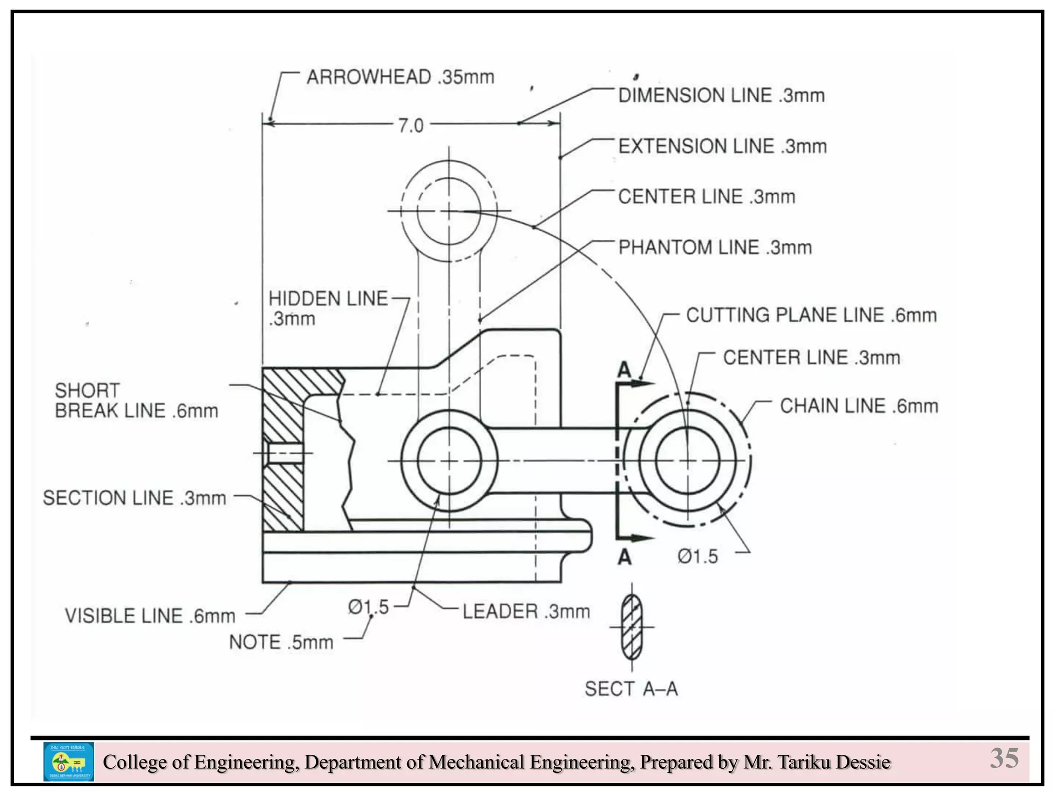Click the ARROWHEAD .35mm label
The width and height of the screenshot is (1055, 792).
400,77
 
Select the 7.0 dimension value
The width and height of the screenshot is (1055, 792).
411,125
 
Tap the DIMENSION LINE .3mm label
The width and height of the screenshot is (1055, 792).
721,96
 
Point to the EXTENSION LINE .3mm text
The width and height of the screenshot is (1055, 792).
722,146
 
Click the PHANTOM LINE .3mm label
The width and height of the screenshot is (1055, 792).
715,247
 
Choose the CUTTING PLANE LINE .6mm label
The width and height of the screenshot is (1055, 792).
811,315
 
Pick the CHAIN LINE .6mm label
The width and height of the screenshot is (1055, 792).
859,406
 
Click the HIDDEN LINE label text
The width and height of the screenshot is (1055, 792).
328,299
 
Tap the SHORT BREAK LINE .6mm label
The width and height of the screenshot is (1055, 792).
136,401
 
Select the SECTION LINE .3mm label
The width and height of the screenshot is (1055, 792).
134,498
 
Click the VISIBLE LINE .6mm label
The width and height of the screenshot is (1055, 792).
150,616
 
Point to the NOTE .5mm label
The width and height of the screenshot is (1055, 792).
281,642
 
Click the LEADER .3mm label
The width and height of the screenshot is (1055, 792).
526,612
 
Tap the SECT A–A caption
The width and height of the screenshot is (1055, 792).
631,689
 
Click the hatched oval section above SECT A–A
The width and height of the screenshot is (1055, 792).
632,627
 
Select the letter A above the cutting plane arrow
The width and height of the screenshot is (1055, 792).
624,370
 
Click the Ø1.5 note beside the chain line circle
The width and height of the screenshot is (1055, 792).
697,557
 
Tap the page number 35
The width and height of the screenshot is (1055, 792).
1004,758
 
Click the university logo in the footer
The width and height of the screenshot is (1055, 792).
69,762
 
